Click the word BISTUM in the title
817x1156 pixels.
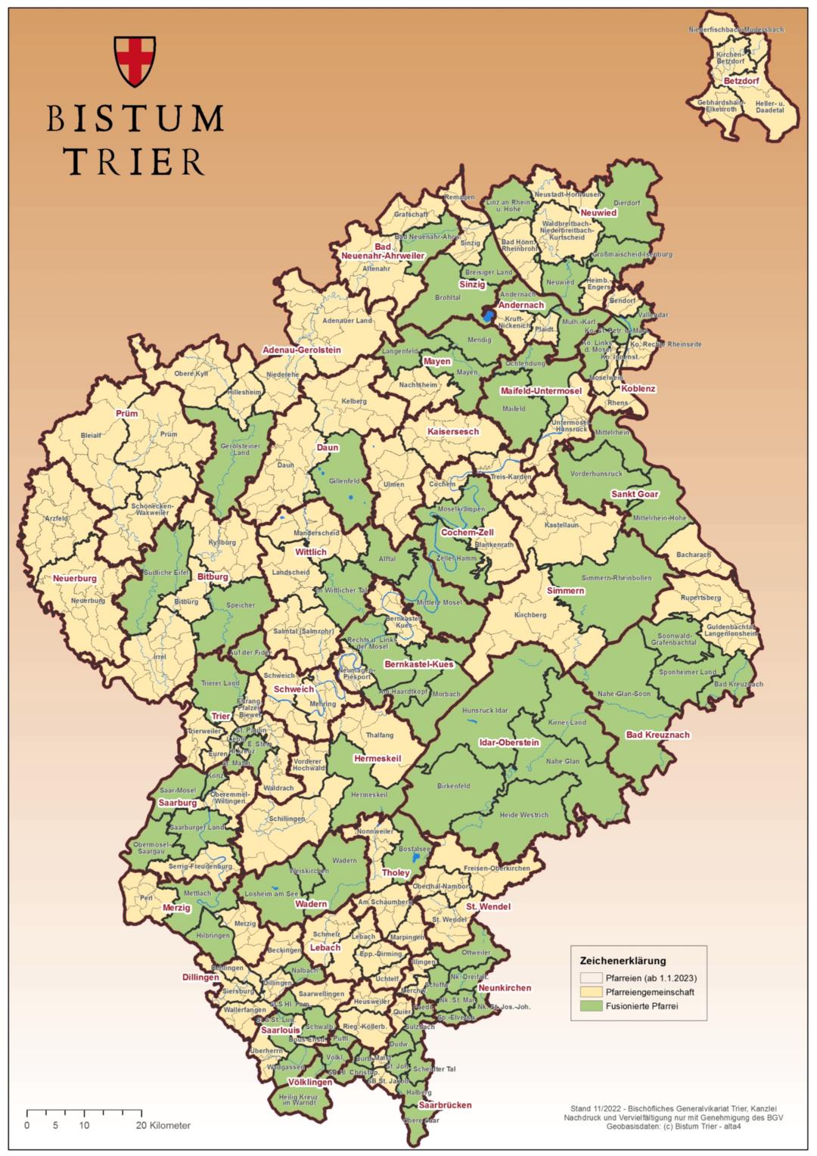pyautogui.click(x=135, y=119)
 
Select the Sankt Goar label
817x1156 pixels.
pyautogui.click(x=635, y=494)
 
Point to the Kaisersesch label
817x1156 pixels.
pyautogui.click(x=453, y=431)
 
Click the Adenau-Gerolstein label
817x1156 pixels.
pyautogui.click(x=302, y=350)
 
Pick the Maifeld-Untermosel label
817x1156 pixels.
pyautogui.click(x=541, y=390)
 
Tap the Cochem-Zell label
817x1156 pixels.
pyautogui.click(x=467, y=533)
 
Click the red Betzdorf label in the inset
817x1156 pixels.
pyautogui.click(x=741, y=80)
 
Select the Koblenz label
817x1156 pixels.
pyautogui.click(x=638, y=389)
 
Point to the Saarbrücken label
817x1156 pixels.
pyautogui.click(x=445, y=1105)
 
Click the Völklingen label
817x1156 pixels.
pyautogui.click(x=310, y=1083)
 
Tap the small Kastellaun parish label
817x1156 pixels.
pyautogui.click(x=561, y=524)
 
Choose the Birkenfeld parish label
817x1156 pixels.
pyautogui.click(x=453, y=787)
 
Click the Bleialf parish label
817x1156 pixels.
pyautogui.click(x=91, y=436)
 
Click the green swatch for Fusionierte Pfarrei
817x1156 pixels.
pyautogui.click(x=591, y=1005)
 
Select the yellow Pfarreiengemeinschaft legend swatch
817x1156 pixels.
pyautogui.click(x=591, y=991)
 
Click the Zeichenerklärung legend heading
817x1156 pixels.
pyautogui.click(x=623, y=961)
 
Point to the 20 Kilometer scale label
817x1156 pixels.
pyautogui.click(x=164, y=1125)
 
